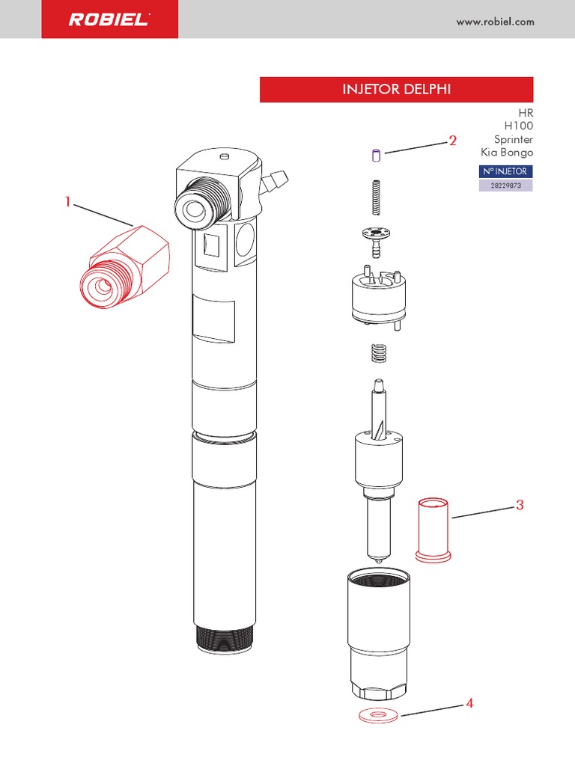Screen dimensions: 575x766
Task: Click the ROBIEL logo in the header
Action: (x=109, y=19)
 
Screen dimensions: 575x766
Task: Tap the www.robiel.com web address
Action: (x=495, y=22)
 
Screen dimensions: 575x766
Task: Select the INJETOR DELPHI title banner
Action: (x=396, y=90)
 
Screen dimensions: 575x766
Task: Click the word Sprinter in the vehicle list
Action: (x=514, y=139)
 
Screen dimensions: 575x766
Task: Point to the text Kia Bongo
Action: (x=507, y=152)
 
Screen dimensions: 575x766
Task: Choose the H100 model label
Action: (x=519, y=126)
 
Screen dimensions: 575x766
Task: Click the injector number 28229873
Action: (x=505, y=186)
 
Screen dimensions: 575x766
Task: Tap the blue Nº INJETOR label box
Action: (x=505, y=171)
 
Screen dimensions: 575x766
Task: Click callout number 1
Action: (x=68, y=201)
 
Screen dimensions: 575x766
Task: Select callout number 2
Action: (x=453, y=141)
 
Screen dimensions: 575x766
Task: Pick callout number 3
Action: (x=520, y=505)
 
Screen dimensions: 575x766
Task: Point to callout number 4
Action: (x=469, y=703)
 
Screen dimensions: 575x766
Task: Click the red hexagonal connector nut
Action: (x=125, y=267)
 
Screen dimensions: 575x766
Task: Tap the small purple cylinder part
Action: (x=376, y=156)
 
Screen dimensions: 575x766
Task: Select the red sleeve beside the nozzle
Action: (x=433, y=530)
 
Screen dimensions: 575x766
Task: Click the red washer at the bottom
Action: (x=378, y=715)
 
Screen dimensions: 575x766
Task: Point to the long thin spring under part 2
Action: (x=376, y=197)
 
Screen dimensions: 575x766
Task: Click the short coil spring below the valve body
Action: (x=378, y=353)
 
